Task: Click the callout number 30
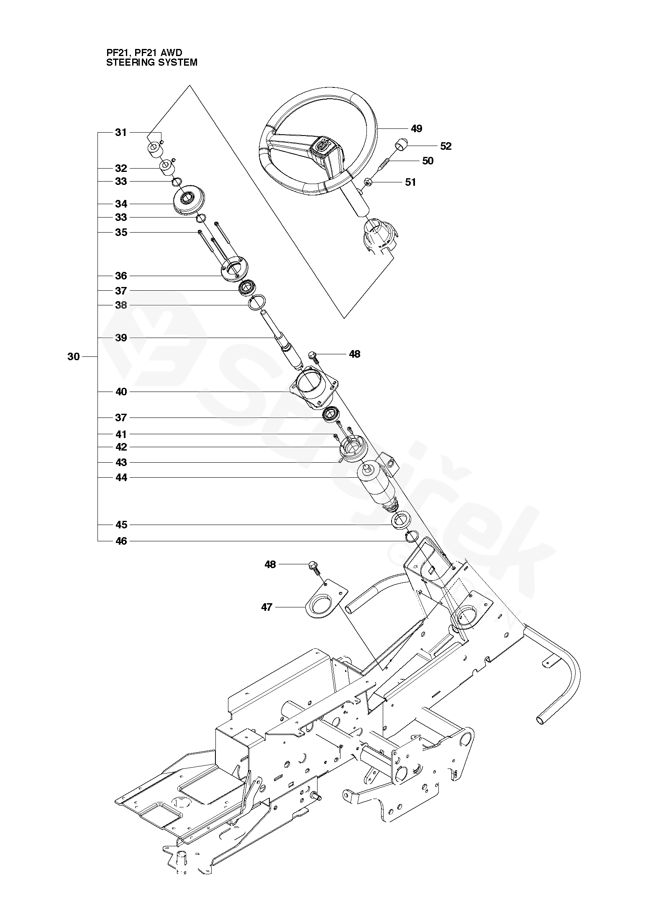click(x=73, y=357)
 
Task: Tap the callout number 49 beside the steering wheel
click(x=416, y=128)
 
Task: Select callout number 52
click(x=445, y=146)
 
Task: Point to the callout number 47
click(x=267, y=607)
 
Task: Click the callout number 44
click(x=121, y=477)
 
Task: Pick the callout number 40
click(x=121, y=392)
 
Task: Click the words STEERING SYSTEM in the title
click(x=152, y=63)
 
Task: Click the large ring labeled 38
click(x=256, y=302)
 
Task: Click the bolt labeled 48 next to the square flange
click(x=313, y=356)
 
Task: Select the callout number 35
click(x=121, y=232)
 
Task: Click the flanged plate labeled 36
click(x=235, y=270)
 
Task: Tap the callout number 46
click(x=121, y=541)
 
